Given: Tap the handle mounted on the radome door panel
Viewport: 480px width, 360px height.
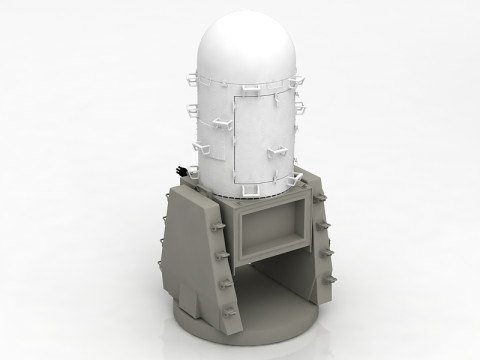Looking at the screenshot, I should click(x=276, y=151).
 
